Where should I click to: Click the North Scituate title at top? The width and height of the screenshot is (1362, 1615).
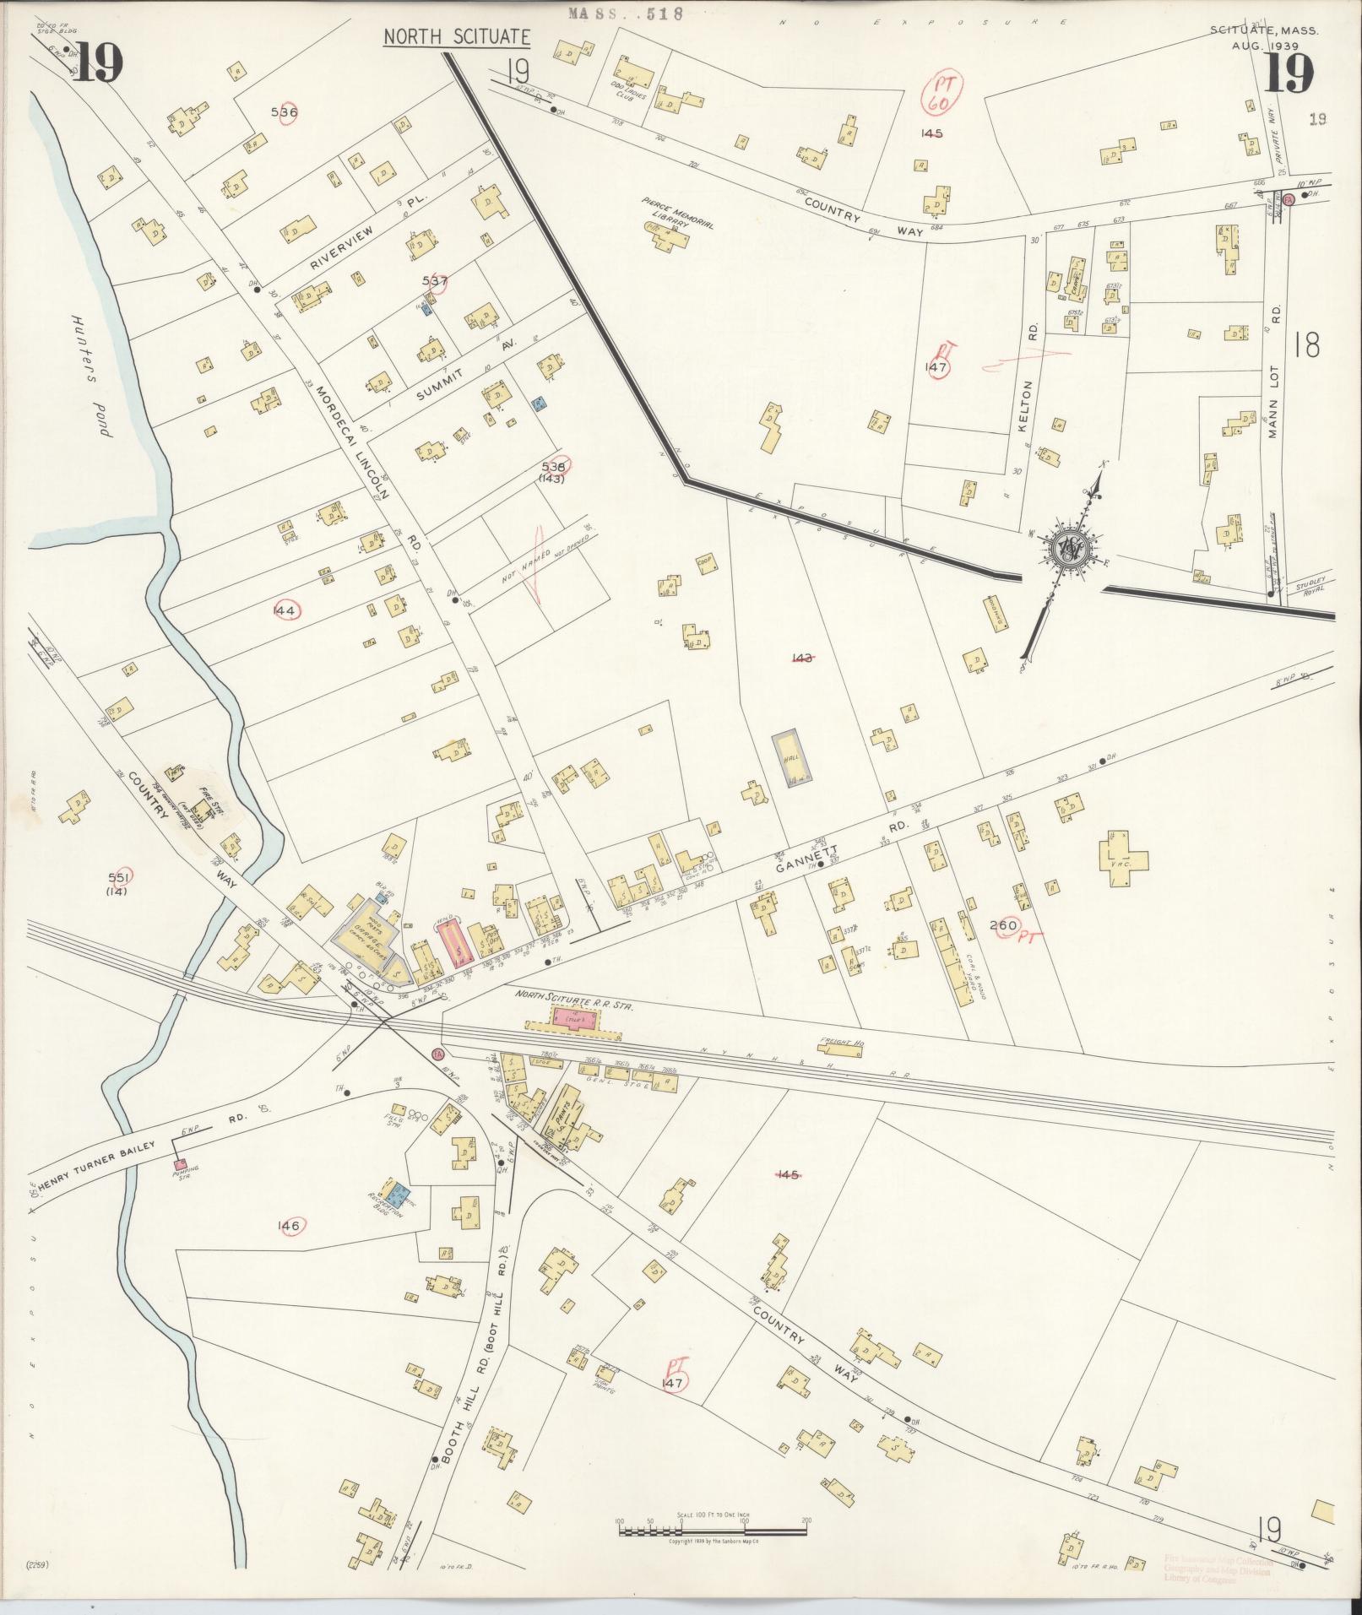coord(457,37)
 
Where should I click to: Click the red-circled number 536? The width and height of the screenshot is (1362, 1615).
coord(285,111)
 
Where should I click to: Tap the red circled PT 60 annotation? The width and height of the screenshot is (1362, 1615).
coord(938,93)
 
